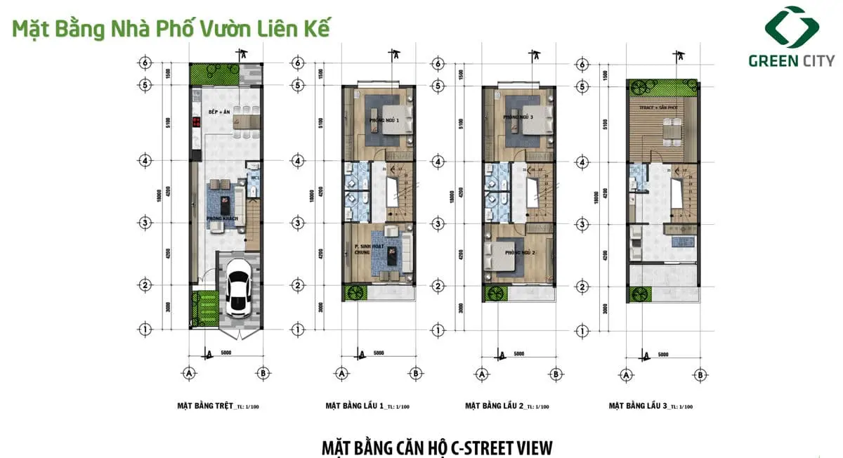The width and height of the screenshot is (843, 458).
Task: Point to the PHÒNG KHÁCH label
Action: click(x=222, y=219)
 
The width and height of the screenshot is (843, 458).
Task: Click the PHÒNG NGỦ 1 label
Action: click(x=383, y=121)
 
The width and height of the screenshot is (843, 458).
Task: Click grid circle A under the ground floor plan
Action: click(x=189, y=374)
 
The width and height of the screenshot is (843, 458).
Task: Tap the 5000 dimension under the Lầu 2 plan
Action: click(x=519, y=353)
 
